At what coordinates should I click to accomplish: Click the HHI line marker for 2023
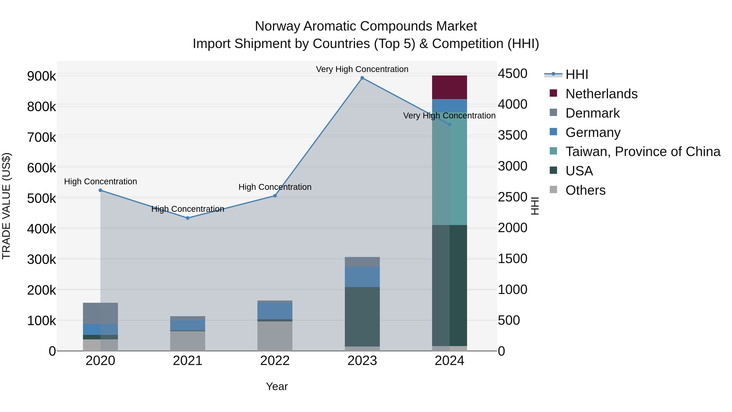tap(362, 78)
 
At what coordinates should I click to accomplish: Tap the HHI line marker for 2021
tap(187, 218)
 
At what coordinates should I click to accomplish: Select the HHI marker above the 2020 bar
tap(100, 190)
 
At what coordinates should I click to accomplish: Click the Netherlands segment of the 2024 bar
tap(449, 87)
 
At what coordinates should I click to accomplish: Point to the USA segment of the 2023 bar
tap(362, 316)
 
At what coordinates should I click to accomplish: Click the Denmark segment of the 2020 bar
tap(100, 313)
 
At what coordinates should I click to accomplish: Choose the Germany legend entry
tap(593, 132)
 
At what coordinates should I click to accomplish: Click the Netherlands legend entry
tap(601, 94)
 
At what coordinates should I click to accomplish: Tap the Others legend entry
tap(585, 190)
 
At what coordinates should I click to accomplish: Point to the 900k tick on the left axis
tap(41, 76)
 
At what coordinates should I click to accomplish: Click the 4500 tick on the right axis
tap(513, 74)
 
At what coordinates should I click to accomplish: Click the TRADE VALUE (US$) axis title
tap(6, 206)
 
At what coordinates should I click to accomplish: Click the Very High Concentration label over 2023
tap(362, 69)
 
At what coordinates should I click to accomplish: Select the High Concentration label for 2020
tap(100, 181)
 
